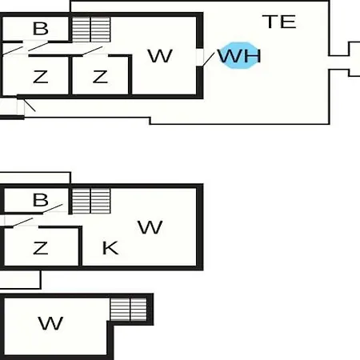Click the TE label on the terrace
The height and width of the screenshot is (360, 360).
279,22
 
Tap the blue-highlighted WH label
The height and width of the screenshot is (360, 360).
239,56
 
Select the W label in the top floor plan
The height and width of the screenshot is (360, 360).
160,56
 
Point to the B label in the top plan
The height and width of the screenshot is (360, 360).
41,29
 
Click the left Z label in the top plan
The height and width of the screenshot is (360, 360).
40,77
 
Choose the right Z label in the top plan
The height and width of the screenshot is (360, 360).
100,77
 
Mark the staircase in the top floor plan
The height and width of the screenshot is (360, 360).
91,30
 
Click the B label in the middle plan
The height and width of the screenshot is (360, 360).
41,200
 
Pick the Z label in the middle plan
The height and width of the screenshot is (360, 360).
40,248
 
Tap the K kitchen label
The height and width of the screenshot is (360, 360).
110,248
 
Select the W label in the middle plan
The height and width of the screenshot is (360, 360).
150,227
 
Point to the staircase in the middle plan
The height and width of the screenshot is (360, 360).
91,201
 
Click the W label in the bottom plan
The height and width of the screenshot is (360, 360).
50,323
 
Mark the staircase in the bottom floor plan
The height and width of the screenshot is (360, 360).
129,310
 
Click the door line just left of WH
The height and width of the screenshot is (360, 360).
209,59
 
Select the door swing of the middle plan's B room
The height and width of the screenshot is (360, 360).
53,209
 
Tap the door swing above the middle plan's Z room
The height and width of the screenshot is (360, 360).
22,222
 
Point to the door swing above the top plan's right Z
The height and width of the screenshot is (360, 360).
92,51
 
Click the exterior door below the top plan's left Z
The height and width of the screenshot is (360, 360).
30,106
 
